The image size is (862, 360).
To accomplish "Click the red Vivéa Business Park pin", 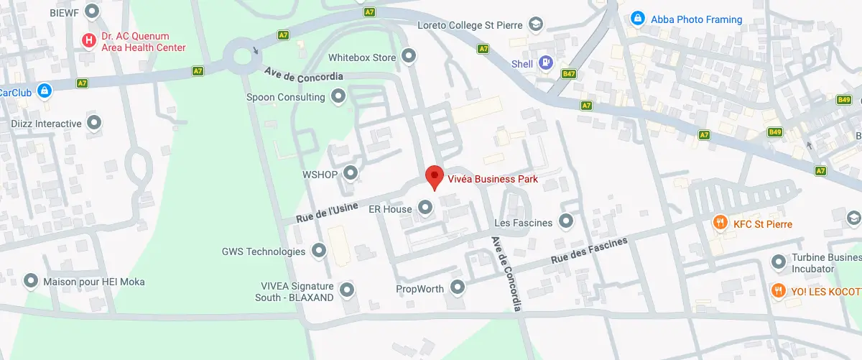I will [433, 176].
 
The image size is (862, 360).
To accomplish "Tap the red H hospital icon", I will [88, 40].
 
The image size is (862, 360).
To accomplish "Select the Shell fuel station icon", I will [545, 64].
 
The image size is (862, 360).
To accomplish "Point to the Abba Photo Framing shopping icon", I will [637, 19].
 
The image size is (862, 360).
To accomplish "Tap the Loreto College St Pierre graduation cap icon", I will [535, 25].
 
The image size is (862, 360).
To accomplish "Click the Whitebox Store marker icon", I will [409, 57].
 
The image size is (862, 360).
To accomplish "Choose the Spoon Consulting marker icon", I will [338, 97].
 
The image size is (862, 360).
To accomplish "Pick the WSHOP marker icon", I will [350, 172].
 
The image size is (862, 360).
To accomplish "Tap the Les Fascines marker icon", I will [566, 222].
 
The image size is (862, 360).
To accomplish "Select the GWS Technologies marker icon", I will [318, 251].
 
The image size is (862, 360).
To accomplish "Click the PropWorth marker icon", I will [458, 289].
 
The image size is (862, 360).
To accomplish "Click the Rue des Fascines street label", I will [588, 249].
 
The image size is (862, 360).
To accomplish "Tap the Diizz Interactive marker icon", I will [94, 124].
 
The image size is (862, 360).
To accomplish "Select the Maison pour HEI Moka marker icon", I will [31, 282].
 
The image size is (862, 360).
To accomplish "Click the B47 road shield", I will [570, 74].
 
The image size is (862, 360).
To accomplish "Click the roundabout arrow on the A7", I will [257, 51].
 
